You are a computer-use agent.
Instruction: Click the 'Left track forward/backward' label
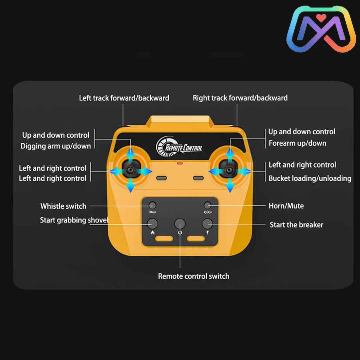pos(124,98)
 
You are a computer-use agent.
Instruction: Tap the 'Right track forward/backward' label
pos(240,98)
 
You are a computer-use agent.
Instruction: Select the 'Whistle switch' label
pos(63,206)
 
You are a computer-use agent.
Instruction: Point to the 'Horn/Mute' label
pos(286,206)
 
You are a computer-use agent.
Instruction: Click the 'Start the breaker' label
pos(296,224)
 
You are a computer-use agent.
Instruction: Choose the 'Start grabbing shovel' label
pos(74,220)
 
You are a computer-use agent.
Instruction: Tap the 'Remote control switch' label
pos(194,276)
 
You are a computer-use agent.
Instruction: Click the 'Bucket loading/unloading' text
pos(310,178)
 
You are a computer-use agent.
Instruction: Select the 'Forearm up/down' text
pos(298,143)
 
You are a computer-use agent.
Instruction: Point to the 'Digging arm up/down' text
pos(56,146)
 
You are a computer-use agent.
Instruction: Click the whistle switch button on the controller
pos(152,205)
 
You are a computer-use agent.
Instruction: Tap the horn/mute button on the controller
pos(208,205)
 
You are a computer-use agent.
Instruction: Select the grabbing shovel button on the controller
pos(152,223)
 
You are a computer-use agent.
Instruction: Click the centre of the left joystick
pos(130,170)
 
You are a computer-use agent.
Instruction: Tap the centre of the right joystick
pos(229,170)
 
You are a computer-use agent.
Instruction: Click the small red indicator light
pos(180,163)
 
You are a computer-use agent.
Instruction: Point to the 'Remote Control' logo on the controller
pos(179,146)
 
